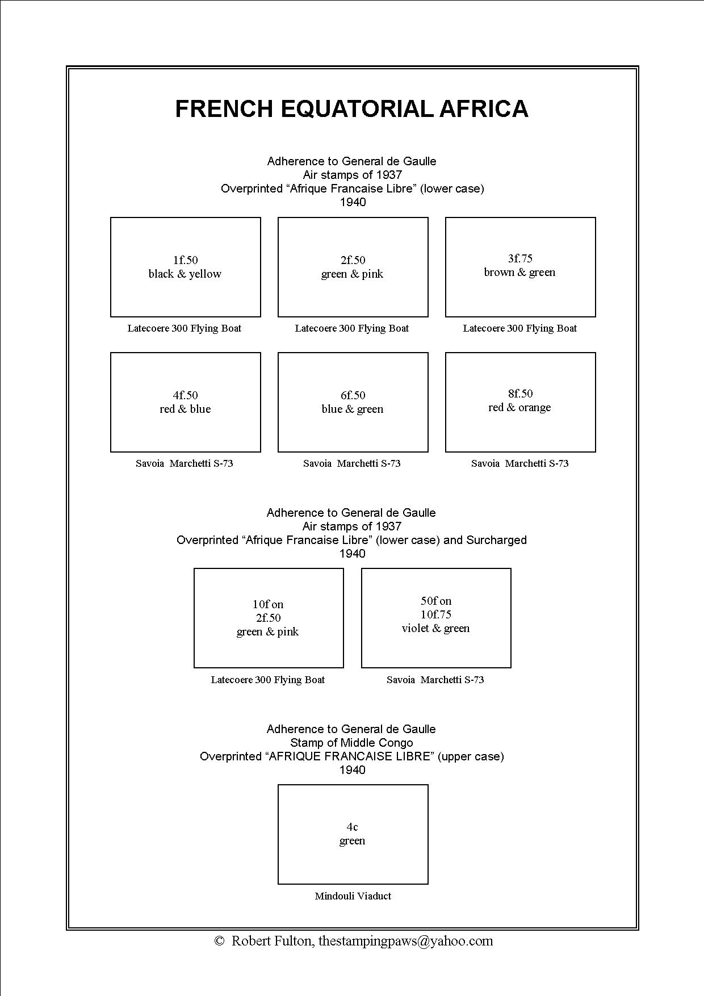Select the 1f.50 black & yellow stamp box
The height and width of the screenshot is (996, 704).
[186, 267]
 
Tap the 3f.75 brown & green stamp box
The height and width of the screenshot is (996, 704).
[520, 267]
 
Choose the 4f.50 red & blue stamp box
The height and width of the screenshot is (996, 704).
[186, 402]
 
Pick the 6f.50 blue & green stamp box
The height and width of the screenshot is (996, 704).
[353, 402]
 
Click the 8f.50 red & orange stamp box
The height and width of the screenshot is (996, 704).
[520, 402]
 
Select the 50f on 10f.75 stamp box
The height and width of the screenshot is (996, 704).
[436, 618]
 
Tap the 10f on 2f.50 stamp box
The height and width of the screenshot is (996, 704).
[269, 618]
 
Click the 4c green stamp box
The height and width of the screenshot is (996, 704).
[353, 834]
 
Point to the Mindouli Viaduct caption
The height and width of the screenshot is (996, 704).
[353, 896]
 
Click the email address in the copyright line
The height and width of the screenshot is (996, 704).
[405, 941]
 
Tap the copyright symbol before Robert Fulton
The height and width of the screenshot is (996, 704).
[220, 941]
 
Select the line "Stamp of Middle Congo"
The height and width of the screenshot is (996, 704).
[351, 743]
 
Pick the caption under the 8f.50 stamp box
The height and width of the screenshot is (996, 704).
[519, 463]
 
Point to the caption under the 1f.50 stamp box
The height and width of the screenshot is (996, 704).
[184, 328]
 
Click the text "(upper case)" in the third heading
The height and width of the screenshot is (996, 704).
[471, 756]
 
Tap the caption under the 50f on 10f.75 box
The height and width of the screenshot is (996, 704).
[435, 680]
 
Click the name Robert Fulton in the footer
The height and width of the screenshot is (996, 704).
[271, 941]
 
